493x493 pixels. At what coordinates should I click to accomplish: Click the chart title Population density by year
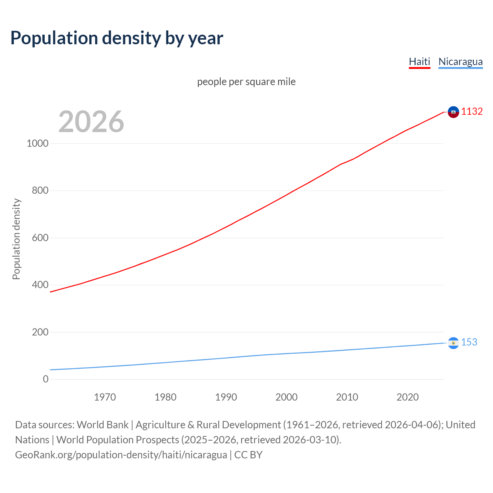(x=117, y=38)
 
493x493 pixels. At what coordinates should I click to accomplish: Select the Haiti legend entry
(x=419, y=62)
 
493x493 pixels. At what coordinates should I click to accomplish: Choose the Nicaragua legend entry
(x=460, y=62)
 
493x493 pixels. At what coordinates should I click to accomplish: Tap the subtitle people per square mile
(x=246, y=82)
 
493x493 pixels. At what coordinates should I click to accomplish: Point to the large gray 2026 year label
(x=91, y=122)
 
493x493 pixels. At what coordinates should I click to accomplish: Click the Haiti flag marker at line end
(x=453, y=112)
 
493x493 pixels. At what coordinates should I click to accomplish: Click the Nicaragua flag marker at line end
(x=453, y=343)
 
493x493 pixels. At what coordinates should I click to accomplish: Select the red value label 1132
(x=472, y=111)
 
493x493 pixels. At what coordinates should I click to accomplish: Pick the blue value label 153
(x=469, y=342)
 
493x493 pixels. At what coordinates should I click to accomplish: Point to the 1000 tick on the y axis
(x=37, y=143)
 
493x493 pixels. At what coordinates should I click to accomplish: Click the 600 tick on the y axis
(x=40, y=238)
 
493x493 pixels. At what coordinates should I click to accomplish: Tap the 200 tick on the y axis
(x=40, y=332)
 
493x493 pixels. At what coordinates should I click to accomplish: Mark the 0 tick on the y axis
(x=46, y=379)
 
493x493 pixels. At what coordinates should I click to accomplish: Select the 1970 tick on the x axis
(x=105, y=397)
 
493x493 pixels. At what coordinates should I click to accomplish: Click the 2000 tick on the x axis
(x=286, y=397)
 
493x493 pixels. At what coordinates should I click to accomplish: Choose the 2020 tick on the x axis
(x=407, y=397)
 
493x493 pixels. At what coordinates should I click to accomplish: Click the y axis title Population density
(x=16, y=239)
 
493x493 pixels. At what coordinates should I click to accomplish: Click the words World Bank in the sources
(x=102, y=425)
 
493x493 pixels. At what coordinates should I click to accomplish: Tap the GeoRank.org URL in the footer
(x=121, y=455)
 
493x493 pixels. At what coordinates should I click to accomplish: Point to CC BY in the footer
(x=248, y=455)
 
